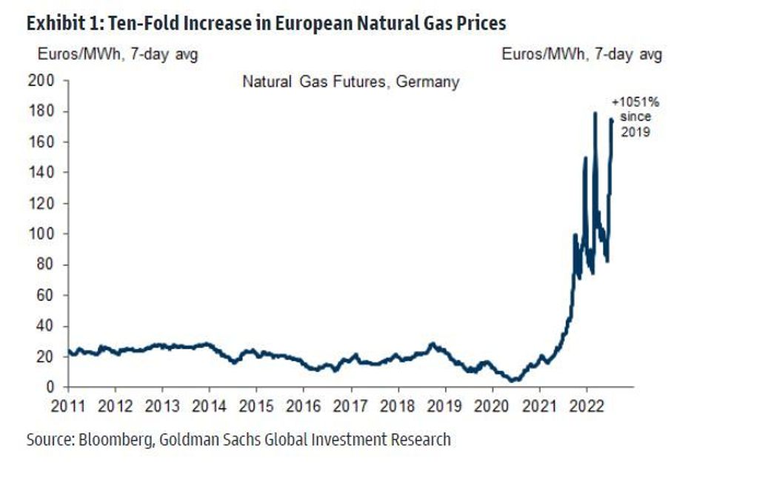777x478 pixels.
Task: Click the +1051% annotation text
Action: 635,103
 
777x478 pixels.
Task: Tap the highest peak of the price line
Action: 595,113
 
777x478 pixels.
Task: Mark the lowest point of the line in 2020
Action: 513,381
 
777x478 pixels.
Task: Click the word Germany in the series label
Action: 427,82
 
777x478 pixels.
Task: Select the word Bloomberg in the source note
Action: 108,439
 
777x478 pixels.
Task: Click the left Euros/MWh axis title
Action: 113,55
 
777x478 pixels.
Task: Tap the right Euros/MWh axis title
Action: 581,55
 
